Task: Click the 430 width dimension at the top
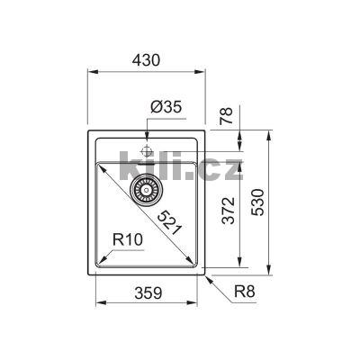148,60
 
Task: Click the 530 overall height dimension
258,209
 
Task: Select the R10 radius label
130,240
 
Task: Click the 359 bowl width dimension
149,292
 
